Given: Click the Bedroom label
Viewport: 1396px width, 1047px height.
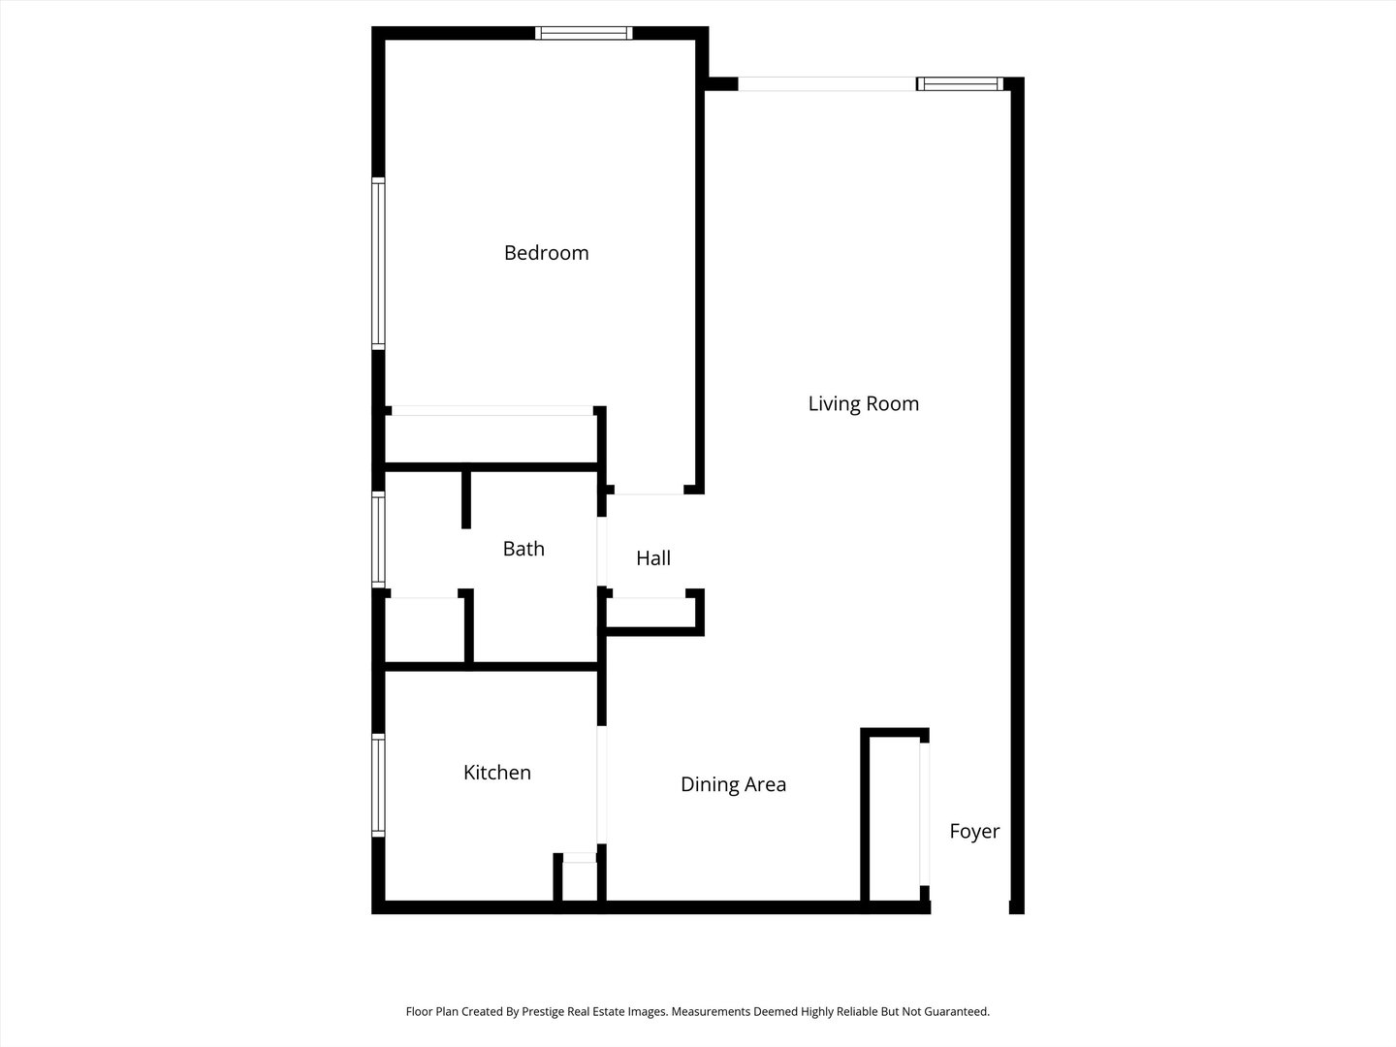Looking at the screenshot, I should (x=546, y=253).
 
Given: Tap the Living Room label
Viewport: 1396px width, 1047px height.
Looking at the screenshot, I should (x=863, y=403).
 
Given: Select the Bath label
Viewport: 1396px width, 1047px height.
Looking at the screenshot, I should (x=523, y=549).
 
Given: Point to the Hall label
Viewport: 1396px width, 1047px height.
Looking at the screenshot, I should (x=653, y=558).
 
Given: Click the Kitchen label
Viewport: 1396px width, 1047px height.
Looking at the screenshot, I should (x=496, y=773).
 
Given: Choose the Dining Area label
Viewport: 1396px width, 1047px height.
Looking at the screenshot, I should (x=733, y=784).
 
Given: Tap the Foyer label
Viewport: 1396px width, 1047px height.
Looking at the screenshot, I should (x=973, y=831).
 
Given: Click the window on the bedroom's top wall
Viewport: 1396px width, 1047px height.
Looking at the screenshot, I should (x=584, y=33).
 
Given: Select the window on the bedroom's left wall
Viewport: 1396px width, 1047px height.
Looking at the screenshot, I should (x=378, y=263).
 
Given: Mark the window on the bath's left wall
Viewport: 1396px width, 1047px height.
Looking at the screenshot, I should (x=378, y=541).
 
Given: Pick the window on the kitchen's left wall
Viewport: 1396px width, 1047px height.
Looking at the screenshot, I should (x=378, y=785).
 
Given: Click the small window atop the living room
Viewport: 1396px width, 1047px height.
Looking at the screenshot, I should (x=960, y=84).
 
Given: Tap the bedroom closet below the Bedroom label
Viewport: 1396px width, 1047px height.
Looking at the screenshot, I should (x=491, y=439).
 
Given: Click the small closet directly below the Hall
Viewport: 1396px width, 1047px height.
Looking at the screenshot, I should (x=650, y=613).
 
